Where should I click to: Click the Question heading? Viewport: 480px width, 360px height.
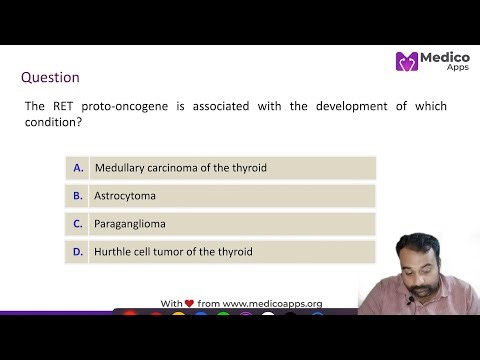50,77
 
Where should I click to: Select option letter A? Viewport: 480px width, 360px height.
78,168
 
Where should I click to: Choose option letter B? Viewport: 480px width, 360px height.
78,196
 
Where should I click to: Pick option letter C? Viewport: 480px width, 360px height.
78,224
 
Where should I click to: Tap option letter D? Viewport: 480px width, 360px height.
78,252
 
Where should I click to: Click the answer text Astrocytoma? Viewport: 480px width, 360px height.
125,196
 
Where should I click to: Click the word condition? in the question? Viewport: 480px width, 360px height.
51,123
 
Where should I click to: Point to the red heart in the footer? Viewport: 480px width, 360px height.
189,302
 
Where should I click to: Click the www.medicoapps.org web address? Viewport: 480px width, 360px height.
272,302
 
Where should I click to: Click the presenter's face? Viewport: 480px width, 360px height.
418,262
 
